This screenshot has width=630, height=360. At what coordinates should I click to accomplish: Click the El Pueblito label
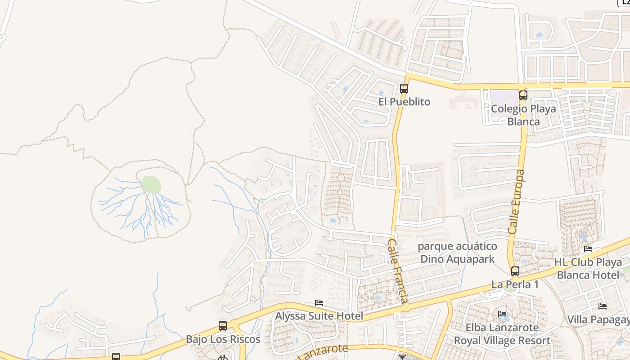pyautogui.click(x=404, y=102)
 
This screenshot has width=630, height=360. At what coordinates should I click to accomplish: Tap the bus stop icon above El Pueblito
pyautogui.click(x=404, y=88)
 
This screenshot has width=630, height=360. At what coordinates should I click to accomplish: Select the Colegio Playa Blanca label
pyautogui.click(x=523, y=115)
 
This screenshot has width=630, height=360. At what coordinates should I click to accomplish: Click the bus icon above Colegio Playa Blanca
pyautogui.click(x=523, y=95)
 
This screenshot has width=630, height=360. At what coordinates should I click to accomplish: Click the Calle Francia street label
pyautogui.click(x=398, y=271)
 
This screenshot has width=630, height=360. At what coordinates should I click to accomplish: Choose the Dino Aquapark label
pyautogui.click(x=457, y=252)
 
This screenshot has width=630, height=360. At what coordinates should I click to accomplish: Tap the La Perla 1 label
pyautogui.click(x=515, y=284)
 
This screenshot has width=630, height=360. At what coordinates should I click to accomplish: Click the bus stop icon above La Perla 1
pyautogui.click(x=515, y=271)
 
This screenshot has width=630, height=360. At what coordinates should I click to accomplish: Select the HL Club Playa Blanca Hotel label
pyautogui.click(x=588, y=268)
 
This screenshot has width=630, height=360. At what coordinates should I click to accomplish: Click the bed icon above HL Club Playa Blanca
pyautogui.click(x=588, y=248)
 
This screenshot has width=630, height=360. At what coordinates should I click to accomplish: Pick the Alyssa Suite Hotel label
pyautogui.click(x=319, y=316)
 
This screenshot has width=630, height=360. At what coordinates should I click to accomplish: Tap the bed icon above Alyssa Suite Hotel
pyautogui.click(x=319, y=303)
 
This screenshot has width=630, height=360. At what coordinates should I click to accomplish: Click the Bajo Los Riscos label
pyautogui.click(x=223, y=339)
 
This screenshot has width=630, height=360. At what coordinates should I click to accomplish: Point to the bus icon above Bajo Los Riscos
pyautogui.click(x=222, y=325)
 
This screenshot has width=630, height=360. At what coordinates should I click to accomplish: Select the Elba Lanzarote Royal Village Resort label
pyautogui.click(x=502, y=334)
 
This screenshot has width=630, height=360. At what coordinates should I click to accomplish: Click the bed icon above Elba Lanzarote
pyautogui.click(x=502, y=314)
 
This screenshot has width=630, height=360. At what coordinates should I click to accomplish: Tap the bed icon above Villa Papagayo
pyautogui.click(x=603, y=306)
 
